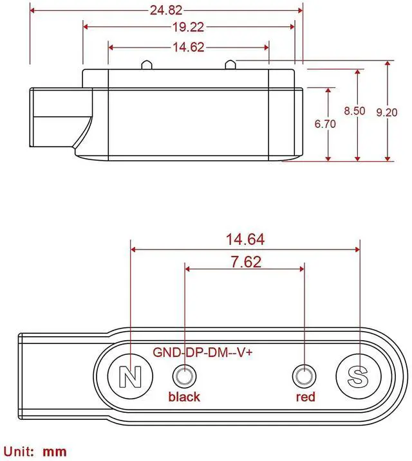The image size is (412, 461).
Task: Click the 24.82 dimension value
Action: (166, 10)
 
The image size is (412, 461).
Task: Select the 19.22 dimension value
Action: (189, 27)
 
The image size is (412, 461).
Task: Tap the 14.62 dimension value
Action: (189, 47)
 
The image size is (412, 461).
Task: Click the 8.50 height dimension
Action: (355, 111)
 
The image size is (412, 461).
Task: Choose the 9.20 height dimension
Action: (388, 111)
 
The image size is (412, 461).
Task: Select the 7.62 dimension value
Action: (244, 262)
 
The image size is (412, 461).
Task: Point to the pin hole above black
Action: (185, 376)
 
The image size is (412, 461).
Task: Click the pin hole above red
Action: (304, 376)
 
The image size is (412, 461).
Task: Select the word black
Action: (184, 397)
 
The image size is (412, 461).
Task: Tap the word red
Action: (306, 397)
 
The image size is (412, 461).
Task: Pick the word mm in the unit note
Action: (55, 451)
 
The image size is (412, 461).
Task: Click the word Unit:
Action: (21, 451)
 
